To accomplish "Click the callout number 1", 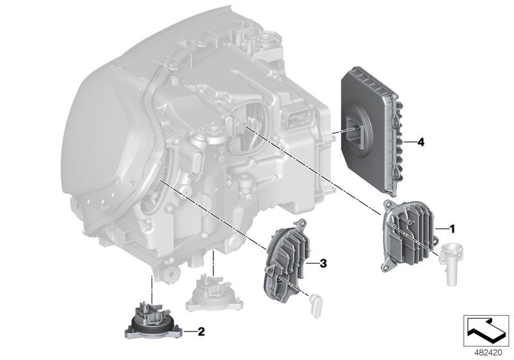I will (452, 228).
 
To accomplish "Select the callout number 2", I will (201, 332).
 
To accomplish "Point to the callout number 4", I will (420, 141).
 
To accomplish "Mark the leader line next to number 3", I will (311, 264).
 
